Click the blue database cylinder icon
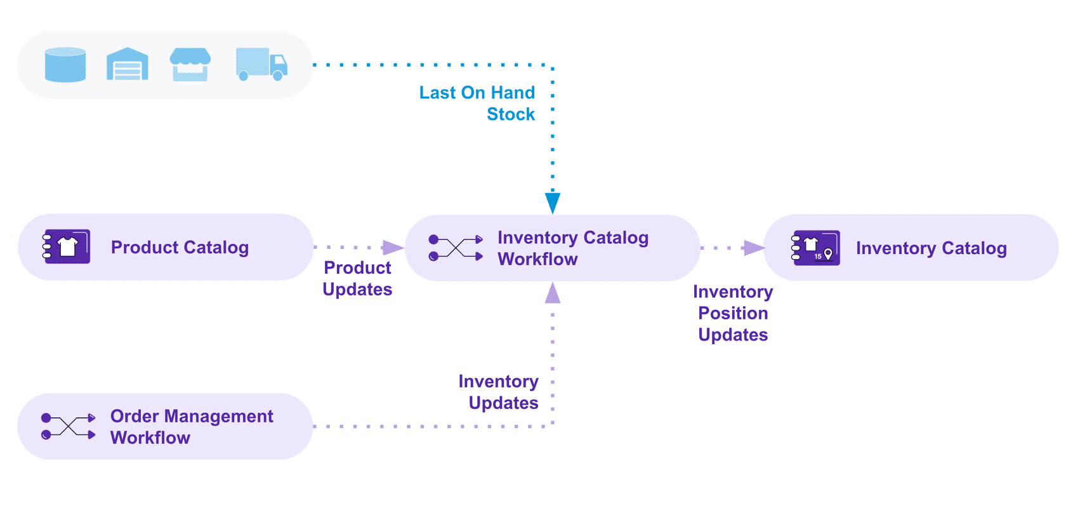point(65,65)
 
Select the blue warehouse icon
point(127,64)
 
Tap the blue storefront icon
point(190,64)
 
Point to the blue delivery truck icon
point(261,64)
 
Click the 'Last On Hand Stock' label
point(477,103)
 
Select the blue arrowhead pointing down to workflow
point(553,203)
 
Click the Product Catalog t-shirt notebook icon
point(67,246)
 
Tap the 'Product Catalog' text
point(180,247)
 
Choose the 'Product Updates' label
point(357,278)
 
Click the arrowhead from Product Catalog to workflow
point(393,247)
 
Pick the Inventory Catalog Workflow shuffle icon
point(456,248)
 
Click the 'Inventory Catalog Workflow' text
point(572,248)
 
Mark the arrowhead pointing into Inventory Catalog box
point(754,248)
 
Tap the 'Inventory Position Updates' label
point(733,313)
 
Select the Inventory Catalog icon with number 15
point(816,248)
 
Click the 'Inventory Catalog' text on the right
point(931,248)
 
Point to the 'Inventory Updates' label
point(499,392)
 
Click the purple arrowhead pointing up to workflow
point(553,293)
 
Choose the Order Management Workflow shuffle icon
point(68,426)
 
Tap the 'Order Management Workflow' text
point(192,427)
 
